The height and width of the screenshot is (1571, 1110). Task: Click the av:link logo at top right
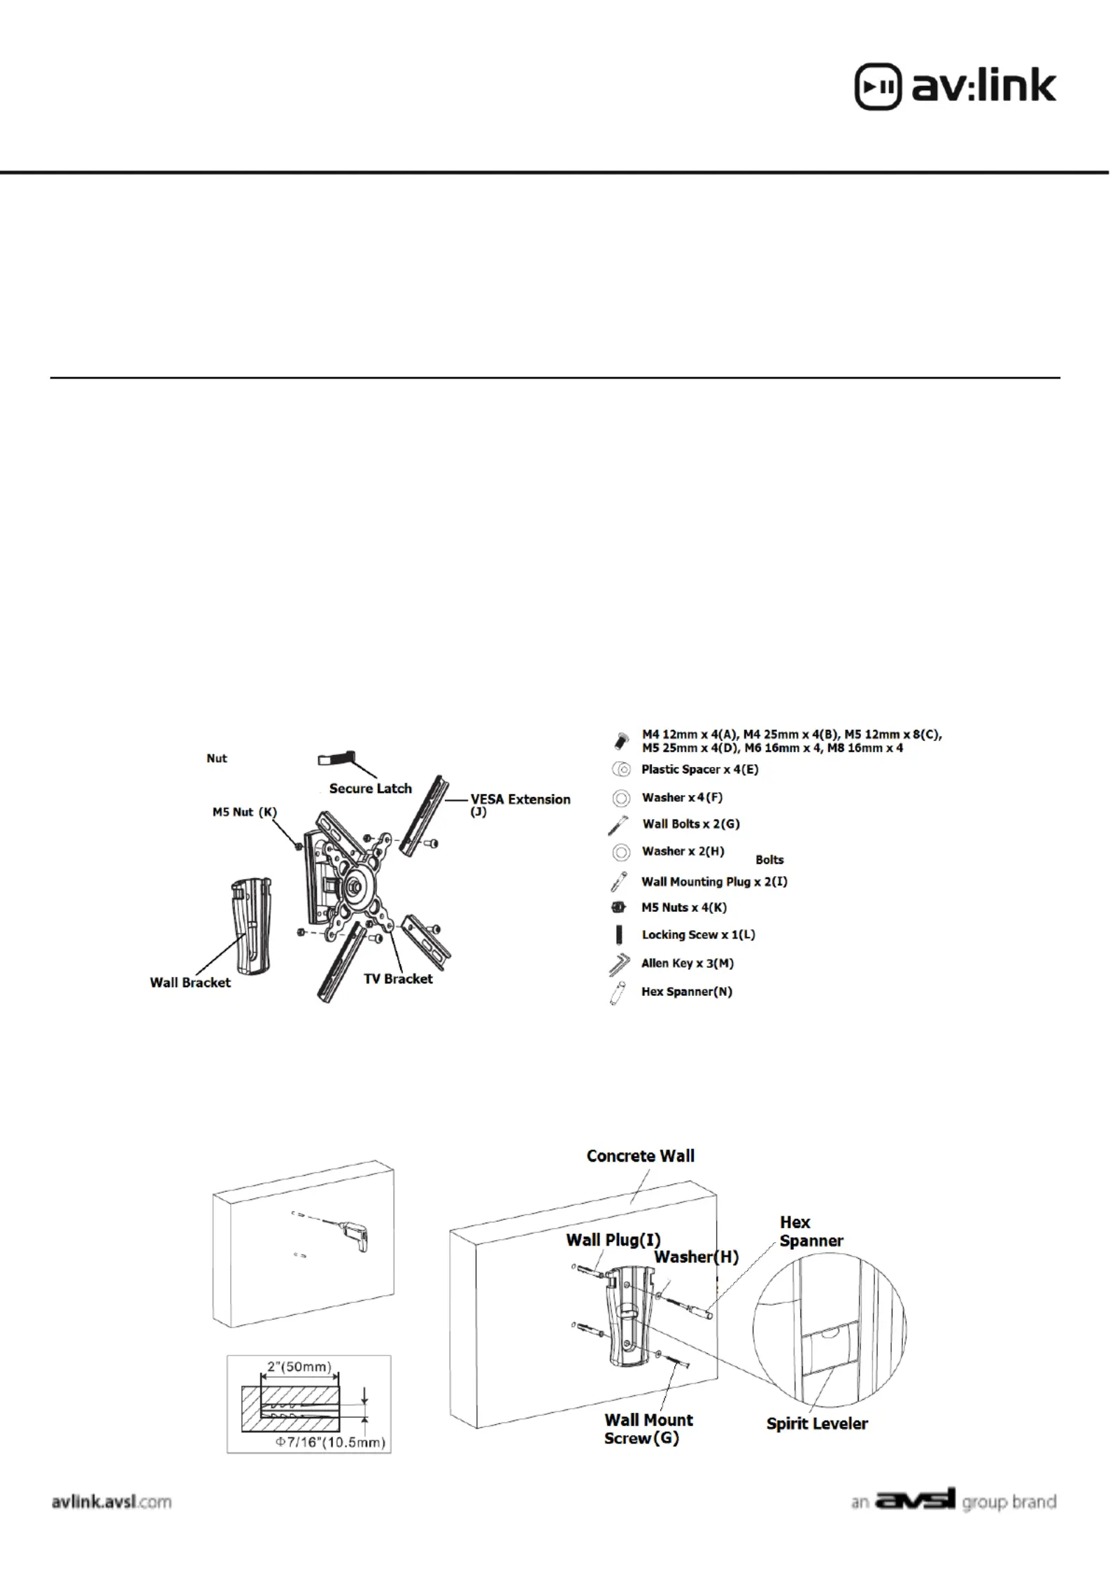click(955, 87)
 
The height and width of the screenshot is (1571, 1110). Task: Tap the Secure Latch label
click(370, 789)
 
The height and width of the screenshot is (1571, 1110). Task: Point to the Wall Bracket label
click(190, 982)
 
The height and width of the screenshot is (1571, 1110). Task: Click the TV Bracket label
click(398, 979)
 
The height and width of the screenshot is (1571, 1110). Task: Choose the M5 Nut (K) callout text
click(245, 812)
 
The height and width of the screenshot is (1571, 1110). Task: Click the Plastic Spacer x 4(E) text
click(699, 770)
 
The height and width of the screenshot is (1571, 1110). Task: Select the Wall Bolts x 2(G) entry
click(690, 824)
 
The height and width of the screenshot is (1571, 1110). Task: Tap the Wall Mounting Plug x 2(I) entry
click(714, 882)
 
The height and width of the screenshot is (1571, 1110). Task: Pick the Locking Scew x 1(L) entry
click(698, 935)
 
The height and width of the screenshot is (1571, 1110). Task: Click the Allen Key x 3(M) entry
click(688, 964)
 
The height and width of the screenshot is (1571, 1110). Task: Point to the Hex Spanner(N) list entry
click(687, 992)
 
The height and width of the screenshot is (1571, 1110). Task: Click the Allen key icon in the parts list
click(619, 965)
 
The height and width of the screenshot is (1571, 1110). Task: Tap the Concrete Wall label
click(640, 1156)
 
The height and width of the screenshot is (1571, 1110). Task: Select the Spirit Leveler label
click(817, 1423)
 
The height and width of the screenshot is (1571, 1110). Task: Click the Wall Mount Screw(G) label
click(648, 1429)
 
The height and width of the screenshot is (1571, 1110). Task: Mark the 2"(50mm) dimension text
click(299, 1367)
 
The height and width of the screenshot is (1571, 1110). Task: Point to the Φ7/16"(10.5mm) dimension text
click(330, 1443)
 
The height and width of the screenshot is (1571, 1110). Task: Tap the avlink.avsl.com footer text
click(112, 1502)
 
